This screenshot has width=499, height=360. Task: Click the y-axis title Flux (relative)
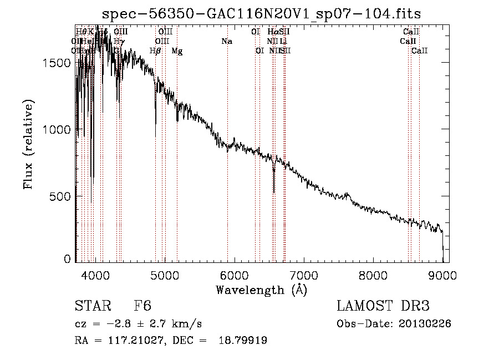[28, 145]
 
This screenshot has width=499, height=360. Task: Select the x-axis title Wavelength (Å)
[261, 290]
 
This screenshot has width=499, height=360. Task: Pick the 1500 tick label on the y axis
[58, 63]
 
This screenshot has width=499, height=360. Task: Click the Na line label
[226, 42]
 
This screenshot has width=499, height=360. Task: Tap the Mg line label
[177, 51]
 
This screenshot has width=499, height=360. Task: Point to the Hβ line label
[155, 51]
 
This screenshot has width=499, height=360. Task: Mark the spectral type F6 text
[142, 306]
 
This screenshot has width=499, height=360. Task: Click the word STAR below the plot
[92, 306]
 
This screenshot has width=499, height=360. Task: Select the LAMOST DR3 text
[383, 306]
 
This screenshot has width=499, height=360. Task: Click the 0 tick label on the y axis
[68, 259]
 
